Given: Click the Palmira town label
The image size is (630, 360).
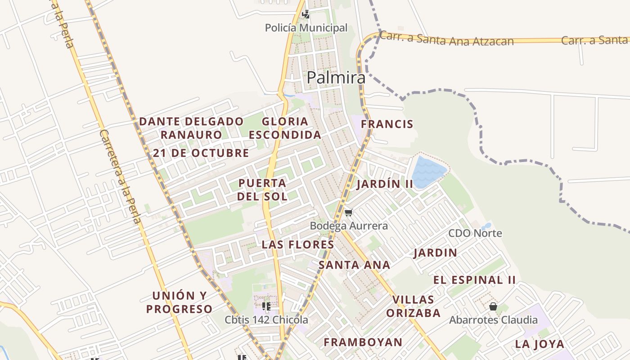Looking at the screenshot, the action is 336,78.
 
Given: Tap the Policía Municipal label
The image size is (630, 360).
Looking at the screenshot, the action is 306,28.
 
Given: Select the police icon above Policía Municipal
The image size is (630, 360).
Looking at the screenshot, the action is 306,14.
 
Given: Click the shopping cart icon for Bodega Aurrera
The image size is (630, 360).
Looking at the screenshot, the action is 348,212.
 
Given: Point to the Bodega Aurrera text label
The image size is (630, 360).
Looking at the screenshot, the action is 349,225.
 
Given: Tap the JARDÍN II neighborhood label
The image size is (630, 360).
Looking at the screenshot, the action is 385,184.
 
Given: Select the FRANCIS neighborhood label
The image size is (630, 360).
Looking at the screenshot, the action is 387,124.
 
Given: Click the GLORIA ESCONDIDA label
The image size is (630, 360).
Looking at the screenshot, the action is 285,128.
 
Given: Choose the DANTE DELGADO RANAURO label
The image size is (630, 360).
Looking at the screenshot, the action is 191,128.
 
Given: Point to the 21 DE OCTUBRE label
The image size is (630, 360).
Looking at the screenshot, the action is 201,153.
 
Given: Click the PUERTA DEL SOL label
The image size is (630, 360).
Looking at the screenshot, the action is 262,189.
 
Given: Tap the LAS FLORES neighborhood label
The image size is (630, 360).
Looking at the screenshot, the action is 298,245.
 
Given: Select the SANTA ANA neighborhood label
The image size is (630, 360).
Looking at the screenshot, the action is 354,265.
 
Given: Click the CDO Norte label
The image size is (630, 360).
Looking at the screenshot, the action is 475,233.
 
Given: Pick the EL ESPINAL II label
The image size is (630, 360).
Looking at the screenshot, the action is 474,280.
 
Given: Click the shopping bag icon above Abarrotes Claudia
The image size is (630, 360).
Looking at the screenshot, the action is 493,306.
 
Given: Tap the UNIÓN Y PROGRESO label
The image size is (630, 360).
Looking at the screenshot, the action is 179,302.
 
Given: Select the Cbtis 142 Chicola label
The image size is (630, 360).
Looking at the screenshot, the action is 266,320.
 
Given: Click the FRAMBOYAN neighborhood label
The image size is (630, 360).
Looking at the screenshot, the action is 363,342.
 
